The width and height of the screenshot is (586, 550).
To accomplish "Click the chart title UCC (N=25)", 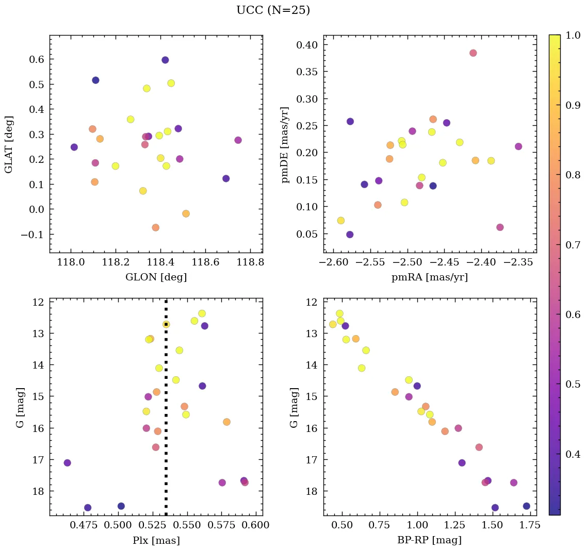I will coord(273,10).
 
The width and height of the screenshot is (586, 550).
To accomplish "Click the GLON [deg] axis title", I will coord(156,277).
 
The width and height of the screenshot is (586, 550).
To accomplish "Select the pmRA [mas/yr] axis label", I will coord(430,277).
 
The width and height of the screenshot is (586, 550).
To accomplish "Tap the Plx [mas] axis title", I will coord(156,540).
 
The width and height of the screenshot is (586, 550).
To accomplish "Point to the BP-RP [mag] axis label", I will coord(430,540).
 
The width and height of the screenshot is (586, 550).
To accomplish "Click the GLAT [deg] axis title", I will coord(9,145).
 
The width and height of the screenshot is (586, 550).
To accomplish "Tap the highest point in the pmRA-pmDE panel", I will coord(473,53).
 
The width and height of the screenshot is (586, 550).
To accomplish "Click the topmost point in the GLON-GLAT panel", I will coord(165,60).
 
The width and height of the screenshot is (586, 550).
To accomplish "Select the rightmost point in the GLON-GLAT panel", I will coord(238,140).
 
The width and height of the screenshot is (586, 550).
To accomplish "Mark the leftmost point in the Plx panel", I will coord(67,463).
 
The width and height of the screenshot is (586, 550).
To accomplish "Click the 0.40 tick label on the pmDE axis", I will coord(307,45).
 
